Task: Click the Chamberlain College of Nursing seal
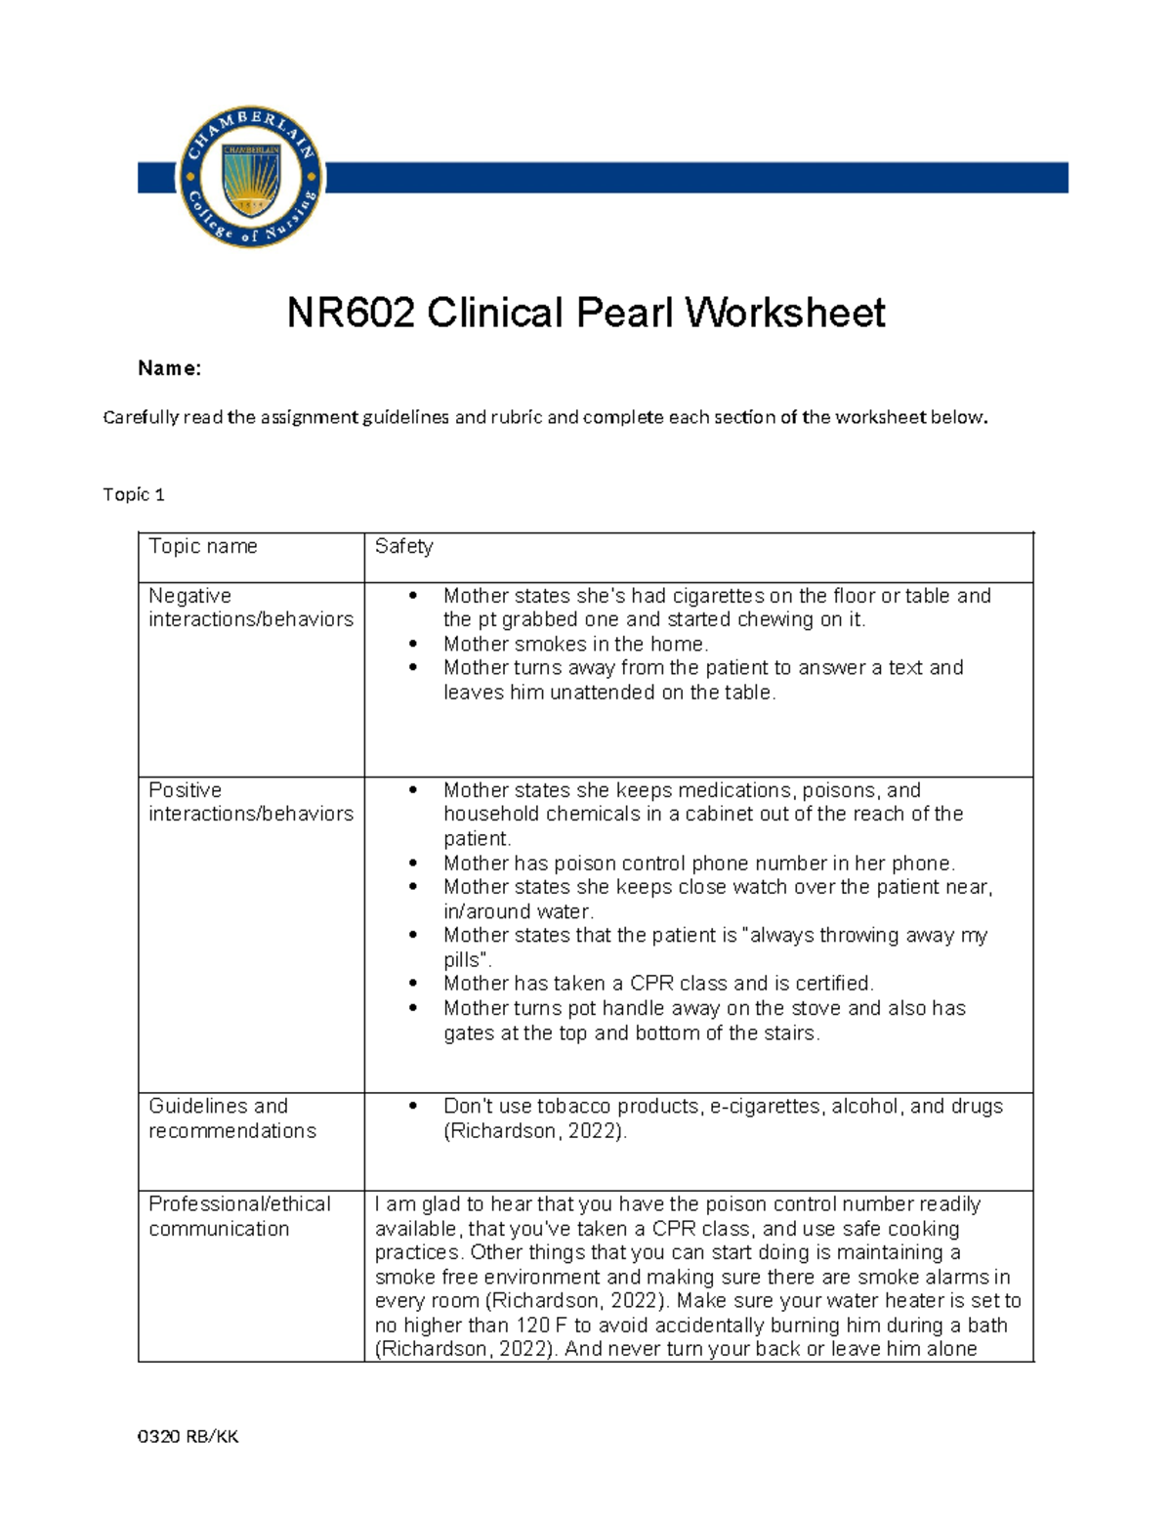[x=251, y=177]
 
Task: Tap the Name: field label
[x=169, y=368]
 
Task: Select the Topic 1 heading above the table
[x=134, y=494]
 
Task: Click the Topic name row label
[x=203, y=546]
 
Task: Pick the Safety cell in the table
[x=403, y=546]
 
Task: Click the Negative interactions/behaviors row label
[x=250, y=608]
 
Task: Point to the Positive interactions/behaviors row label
[x=250, y=802]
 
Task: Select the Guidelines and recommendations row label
[x=232, y=1118]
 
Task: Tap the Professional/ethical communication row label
[x=239, y=1216]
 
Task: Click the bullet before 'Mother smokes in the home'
[x=413, y=645]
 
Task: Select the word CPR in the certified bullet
[x=651, y=984]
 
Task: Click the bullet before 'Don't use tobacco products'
[x=413, y=1107]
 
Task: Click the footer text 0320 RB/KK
[x=188, y=1436]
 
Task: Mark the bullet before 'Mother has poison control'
[x=413, y=864]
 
